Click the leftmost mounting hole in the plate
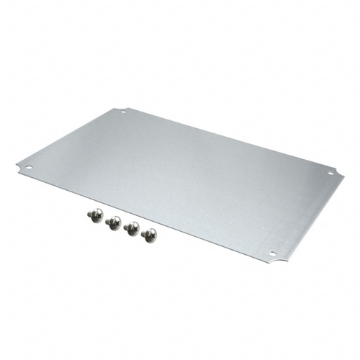coord(29,168)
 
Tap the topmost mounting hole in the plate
coord(123,112)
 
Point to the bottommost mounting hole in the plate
coord(272,253)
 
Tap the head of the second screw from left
coord(113,223)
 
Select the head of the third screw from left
coord(132,228)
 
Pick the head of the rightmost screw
coord(150,235)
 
